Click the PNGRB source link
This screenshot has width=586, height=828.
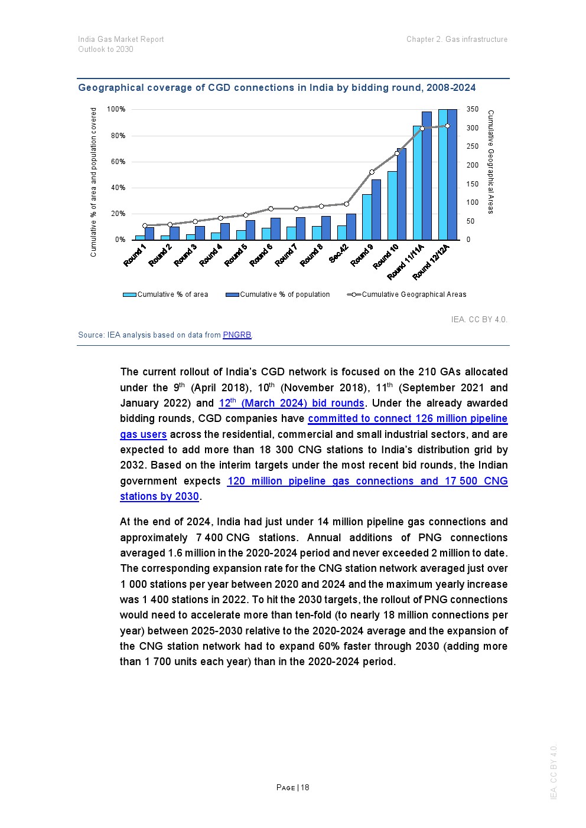point(237,335)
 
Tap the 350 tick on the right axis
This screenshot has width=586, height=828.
point(472,109)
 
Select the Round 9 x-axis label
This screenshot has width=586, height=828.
point(362,255)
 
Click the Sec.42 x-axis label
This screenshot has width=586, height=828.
point(339,254)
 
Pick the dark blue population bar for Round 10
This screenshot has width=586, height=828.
point(402,195)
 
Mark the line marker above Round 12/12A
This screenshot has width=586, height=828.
point(447,126)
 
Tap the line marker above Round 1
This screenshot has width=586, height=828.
point(145,225)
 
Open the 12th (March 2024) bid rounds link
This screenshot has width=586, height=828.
point(291,403)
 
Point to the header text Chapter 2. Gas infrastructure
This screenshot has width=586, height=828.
point(457,40)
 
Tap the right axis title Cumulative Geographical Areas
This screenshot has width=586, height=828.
point(490,162)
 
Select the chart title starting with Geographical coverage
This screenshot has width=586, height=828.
point(276,88)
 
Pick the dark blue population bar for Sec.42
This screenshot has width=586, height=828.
point(351,227)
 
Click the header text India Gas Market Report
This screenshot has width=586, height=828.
point(121,40)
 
